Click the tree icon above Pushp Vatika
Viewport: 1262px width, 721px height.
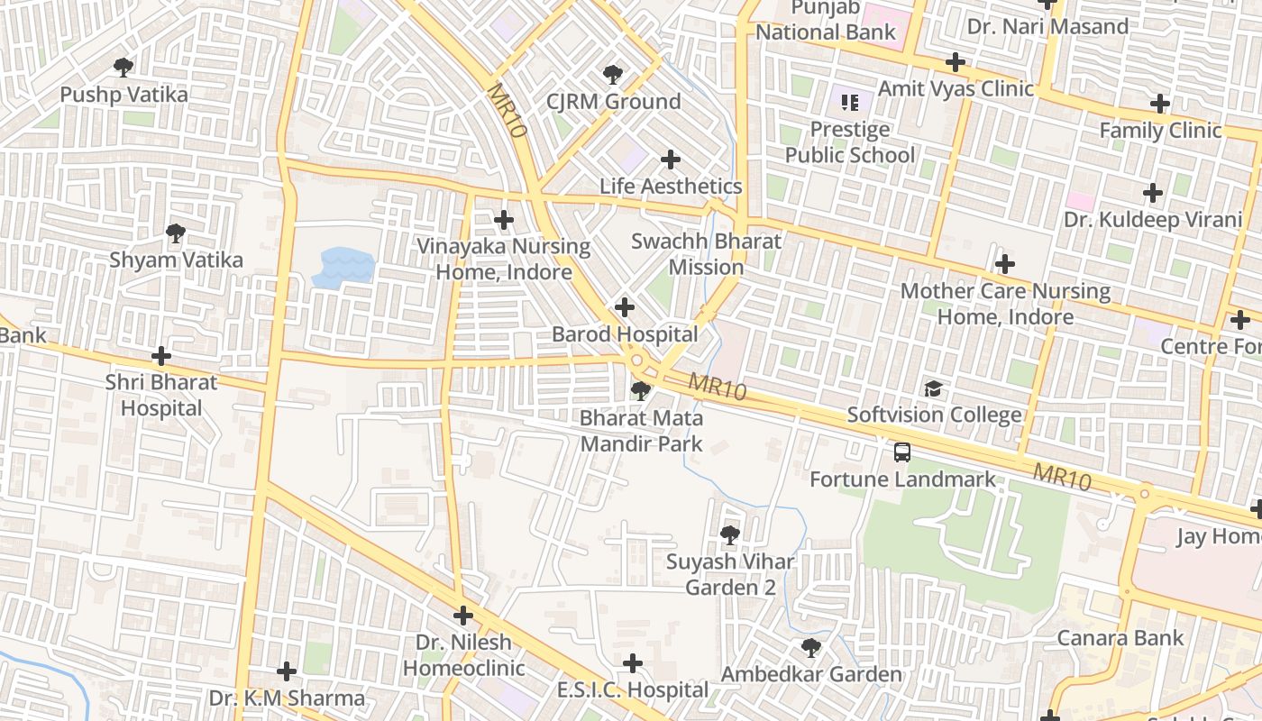(x=123, y=67)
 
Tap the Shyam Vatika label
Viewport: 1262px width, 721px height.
(x=176, y=260)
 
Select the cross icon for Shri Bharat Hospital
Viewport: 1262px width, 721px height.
(x=161, y=356)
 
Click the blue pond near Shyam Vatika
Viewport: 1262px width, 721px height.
(x=343, y=268)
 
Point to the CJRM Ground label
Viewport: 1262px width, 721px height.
(x=613, y=101)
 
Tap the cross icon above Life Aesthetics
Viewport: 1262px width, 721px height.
(x=670, y=160)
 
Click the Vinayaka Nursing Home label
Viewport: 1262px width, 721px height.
(x=503, y=259)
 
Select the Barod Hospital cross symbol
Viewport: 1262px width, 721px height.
(x=624, y=307)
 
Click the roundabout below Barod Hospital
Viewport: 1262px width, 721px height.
(x=637, y=360)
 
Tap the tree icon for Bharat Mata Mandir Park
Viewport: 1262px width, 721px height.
(x=640, y=391)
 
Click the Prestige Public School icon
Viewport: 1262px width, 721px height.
(x=849, y=103)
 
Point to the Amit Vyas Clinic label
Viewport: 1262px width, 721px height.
(x=956, y=88)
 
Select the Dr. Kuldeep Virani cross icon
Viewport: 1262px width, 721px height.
(x=1152, y=193)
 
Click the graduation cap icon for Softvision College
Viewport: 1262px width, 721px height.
(x=933, y=388)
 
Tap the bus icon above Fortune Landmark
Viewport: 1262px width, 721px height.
(x=901, y=452)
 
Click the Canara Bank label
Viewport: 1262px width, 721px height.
(x=1120, y=638)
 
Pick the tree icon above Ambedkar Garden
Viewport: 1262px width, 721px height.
(x=810, y=647)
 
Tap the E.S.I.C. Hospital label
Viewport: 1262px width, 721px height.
(x=632, y=690)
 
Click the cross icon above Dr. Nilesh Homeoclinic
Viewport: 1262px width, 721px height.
(x=463, y=616)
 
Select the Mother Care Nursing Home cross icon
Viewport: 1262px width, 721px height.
(x=1004, y=264)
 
